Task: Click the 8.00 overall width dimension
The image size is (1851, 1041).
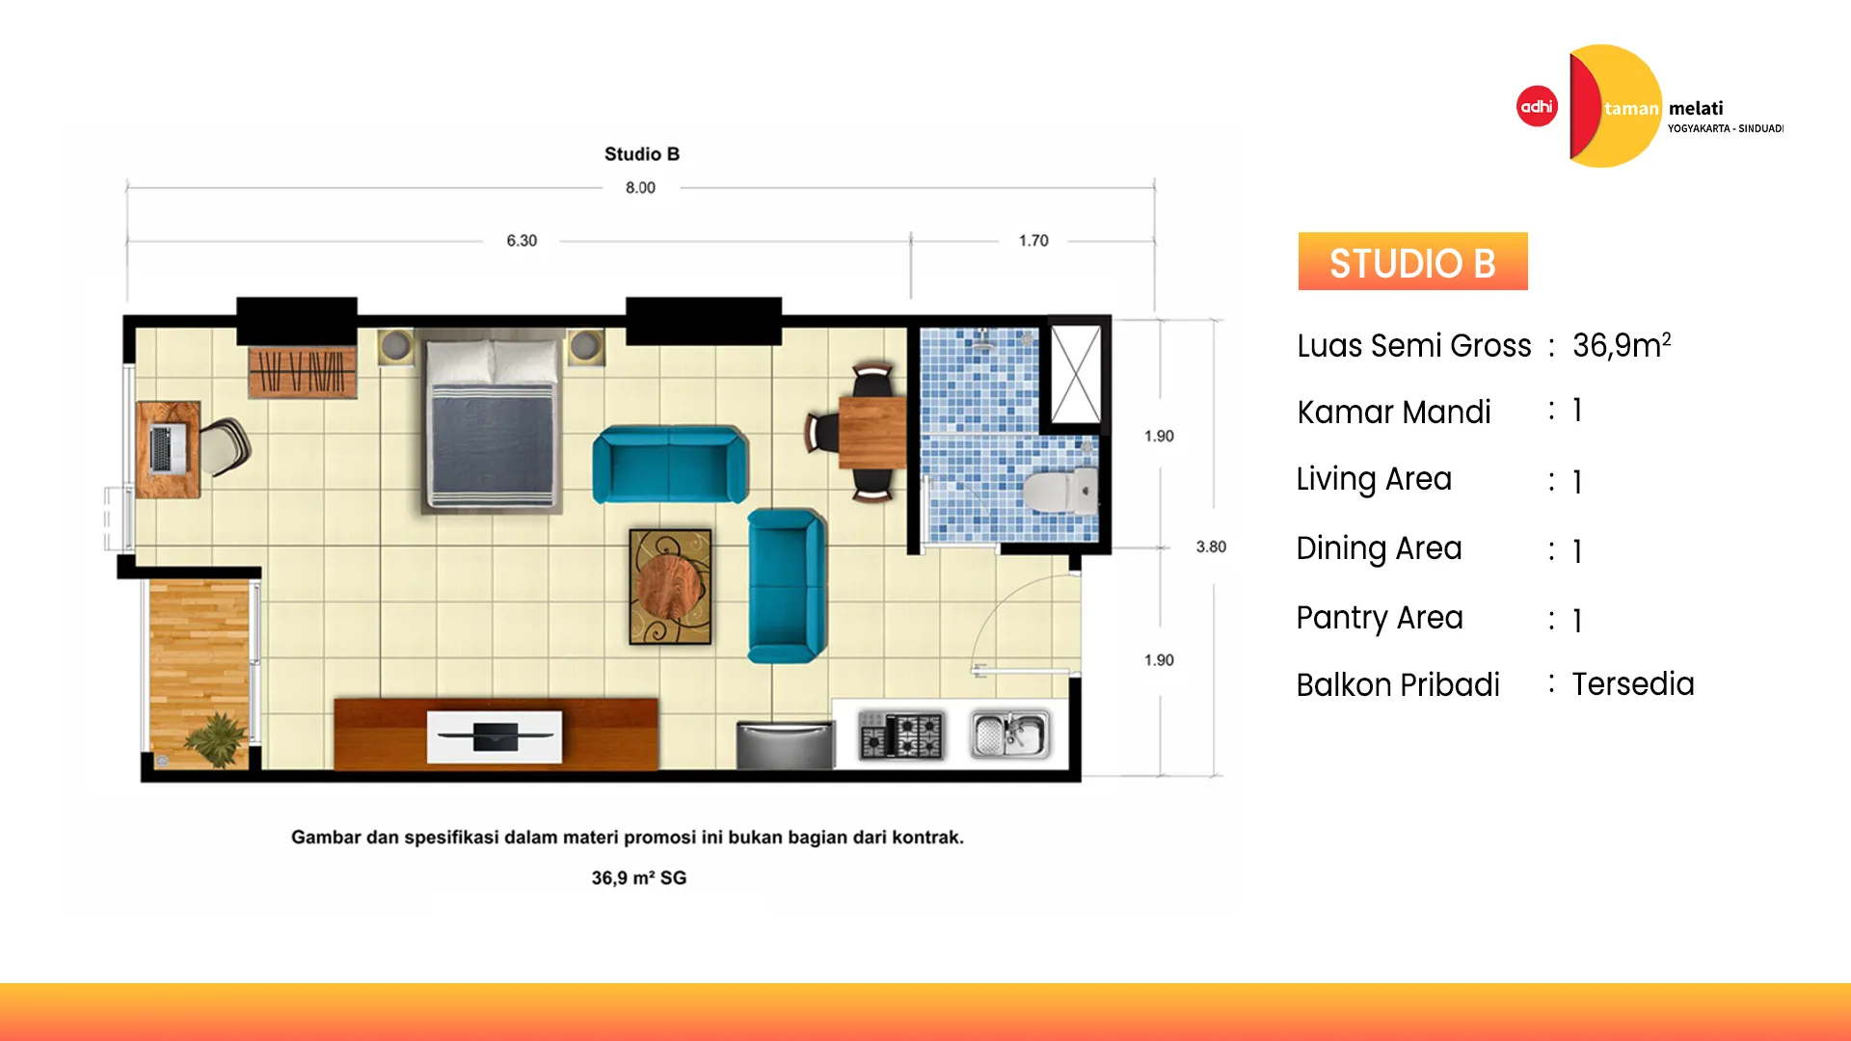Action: click(640, 188)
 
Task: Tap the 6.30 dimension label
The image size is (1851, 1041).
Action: click(522, 241)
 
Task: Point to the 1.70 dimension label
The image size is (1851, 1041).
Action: click(1033, 241)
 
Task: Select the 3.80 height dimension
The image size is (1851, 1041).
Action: click(1211, 547)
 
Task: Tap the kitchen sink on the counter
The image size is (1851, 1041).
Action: click(1009, 735)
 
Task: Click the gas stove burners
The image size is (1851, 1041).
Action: click(901, 735)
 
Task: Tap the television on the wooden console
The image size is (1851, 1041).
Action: click(495, 736)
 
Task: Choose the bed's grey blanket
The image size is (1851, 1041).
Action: click(493, 440)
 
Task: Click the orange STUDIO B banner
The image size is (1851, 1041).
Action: click(1412, 261)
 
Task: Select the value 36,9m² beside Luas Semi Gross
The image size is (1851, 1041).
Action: click(1621, 344)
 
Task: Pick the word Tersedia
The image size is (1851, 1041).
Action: click(1633, 683)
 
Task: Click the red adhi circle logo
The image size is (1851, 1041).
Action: click(1537, 106)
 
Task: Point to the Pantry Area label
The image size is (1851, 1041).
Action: click(1380, 618)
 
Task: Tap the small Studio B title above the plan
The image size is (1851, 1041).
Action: click(642, 154)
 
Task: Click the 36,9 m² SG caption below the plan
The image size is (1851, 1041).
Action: click(638, 878)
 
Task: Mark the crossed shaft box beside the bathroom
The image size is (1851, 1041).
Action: click(1076, 374)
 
